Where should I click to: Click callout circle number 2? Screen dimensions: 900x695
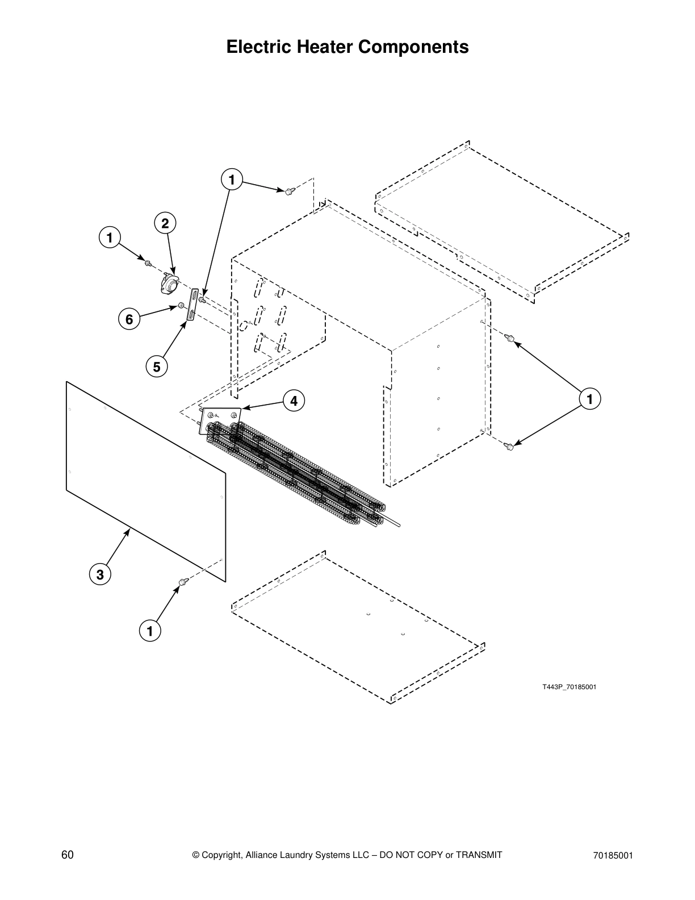pos(165,224)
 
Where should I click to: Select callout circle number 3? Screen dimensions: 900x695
pos(100,574)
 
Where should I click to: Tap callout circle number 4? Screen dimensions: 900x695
pos(294,401)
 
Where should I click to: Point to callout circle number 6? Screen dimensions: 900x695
pos(129,320)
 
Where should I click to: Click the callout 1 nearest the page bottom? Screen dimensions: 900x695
pos(150,631)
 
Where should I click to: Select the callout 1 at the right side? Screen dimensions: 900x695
pos(590,399)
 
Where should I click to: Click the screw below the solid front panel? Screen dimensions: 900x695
pos(183,582)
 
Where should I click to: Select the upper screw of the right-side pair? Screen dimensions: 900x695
pos(510,339)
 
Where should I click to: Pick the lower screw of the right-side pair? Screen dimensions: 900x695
pos(509,447)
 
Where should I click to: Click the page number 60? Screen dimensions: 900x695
pos(68,855)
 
